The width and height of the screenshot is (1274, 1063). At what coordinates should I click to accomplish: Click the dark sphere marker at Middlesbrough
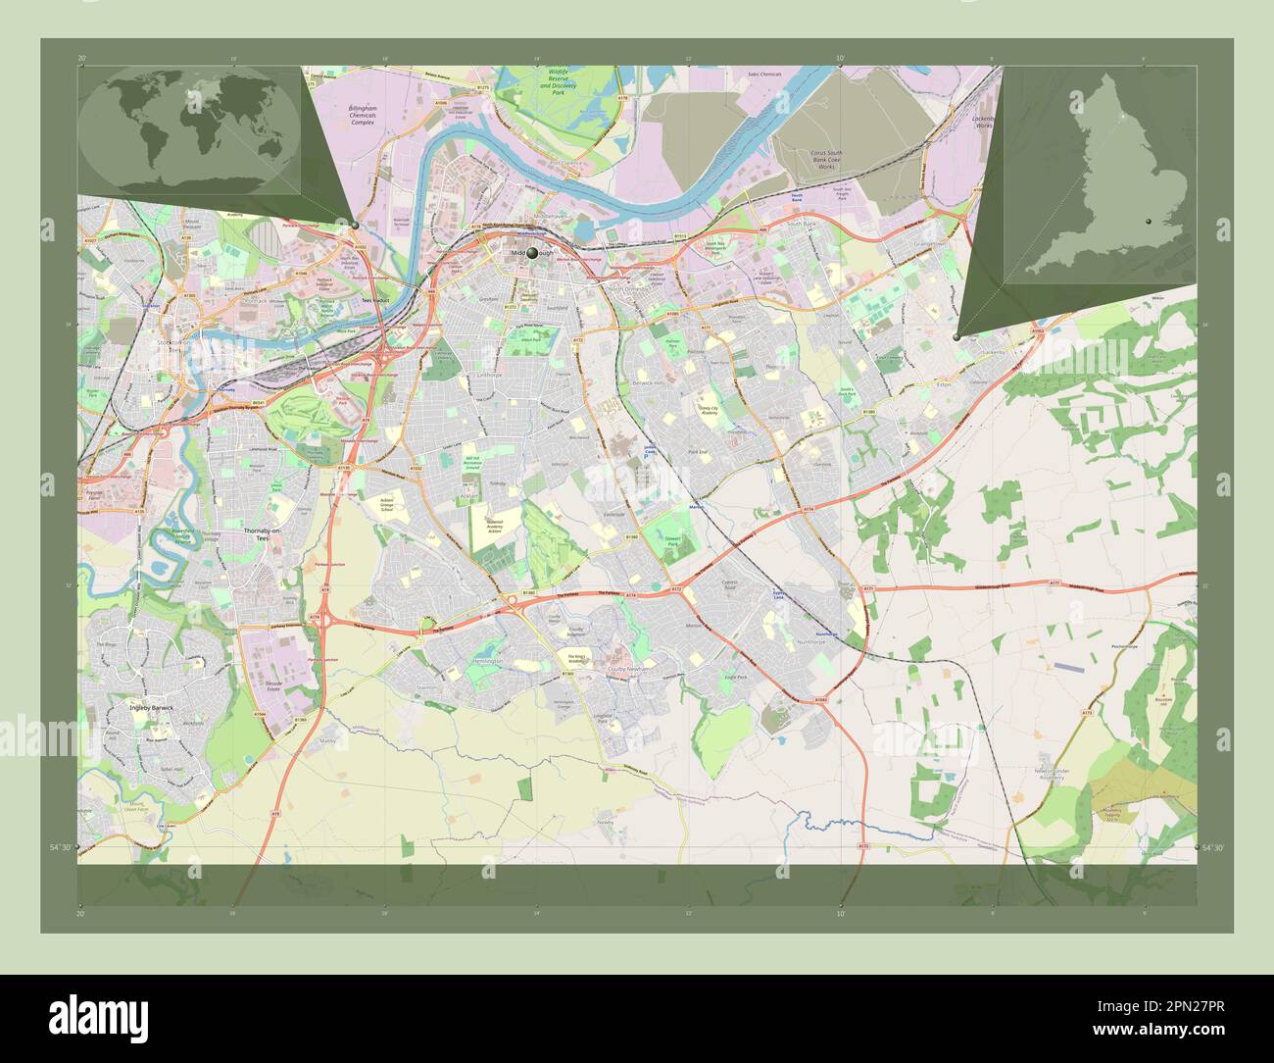point(533,253)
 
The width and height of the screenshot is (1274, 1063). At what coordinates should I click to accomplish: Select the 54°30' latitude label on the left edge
point(61,846)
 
